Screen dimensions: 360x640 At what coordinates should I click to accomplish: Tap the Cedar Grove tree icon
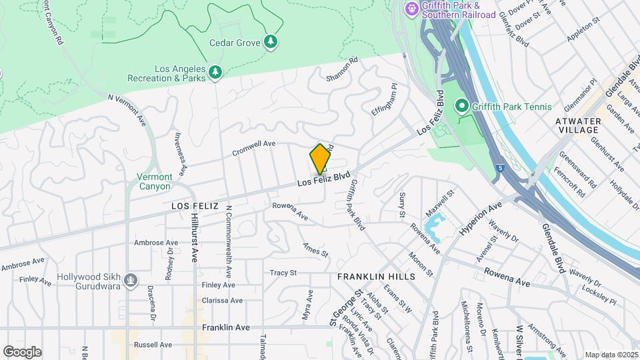(x=271, y=42)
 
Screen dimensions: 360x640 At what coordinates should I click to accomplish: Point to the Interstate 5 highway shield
(x=500, y=169)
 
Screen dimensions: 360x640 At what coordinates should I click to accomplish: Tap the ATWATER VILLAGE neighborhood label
(x=579, y=125)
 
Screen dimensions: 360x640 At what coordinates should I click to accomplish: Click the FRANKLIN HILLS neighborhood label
(x=376, y=277)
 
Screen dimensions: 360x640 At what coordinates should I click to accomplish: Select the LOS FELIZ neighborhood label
(x=195, y=206)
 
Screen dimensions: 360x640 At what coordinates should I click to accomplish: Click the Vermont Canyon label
(x=154, y=181)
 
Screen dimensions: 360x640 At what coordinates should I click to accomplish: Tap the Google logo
(x=22, y=351)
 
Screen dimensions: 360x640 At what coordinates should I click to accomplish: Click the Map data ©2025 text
(x=611, y=355)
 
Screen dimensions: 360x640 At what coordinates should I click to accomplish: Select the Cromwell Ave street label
(x=254, y=148)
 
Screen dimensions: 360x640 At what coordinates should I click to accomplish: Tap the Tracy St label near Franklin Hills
(x=283, y=273)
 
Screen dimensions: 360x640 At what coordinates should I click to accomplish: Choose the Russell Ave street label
(x=153, y=345)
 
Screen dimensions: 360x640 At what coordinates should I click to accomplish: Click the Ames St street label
(x=316, y=250)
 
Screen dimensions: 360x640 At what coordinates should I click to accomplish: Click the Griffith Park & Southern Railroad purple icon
(x=411, y=8)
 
